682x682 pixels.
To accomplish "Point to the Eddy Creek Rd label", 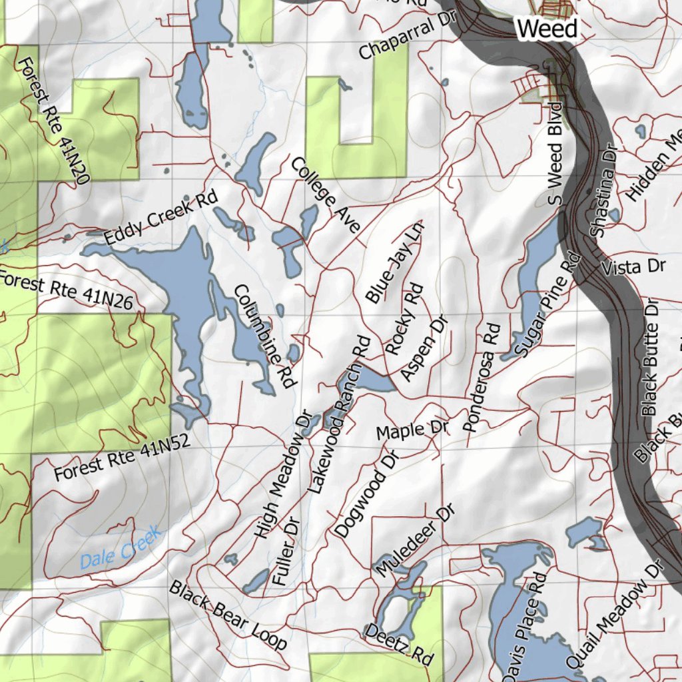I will [161, 217].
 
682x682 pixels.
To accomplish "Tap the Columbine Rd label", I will [264, 336].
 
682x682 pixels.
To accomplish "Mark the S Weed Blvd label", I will [555, 153].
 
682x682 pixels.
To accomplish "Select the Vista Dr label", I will [633, 267].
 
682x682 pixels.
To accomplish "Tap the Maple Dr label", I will [412, 430].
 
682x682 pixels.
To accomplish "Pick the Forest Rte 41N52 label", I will [122, 458].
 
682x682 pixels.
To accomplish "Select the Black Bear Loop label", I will [228, 615].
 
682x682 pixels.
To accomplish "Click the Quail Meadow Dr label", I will [615, 615].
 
